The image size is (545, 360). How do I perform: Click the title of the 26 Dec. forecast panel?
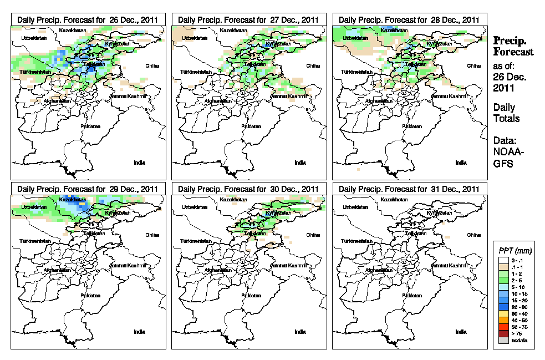88,19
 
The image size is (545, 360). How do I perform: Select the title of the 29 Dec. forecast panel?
88,189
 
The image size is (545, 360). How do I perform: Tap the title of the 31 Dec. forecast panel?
409,189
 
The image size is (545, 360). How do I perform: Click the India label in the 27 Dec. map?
300,163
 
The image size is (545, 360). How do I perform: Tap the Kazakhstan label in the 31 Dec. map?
395,199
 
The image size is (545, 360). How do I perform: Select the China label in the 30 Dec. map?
312,235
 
